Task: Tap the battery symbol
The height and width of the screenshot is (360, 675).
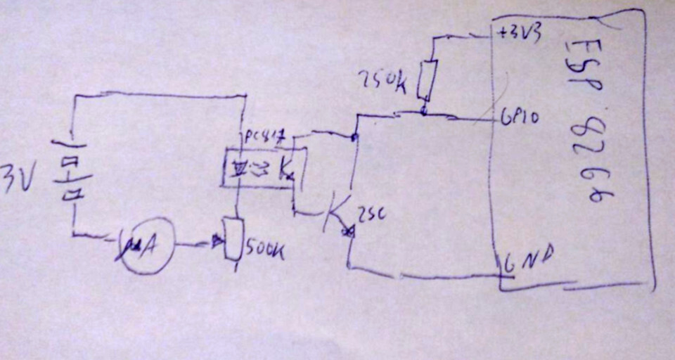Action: click(69, 180)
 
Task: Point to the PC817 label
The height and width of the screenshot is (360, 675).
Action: click(265, 136)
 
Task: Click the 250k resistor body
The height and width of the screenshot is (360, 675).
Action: click(427, 79)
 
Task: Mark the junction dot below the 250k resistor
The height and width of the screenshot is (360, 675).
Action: click(423, 111)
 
